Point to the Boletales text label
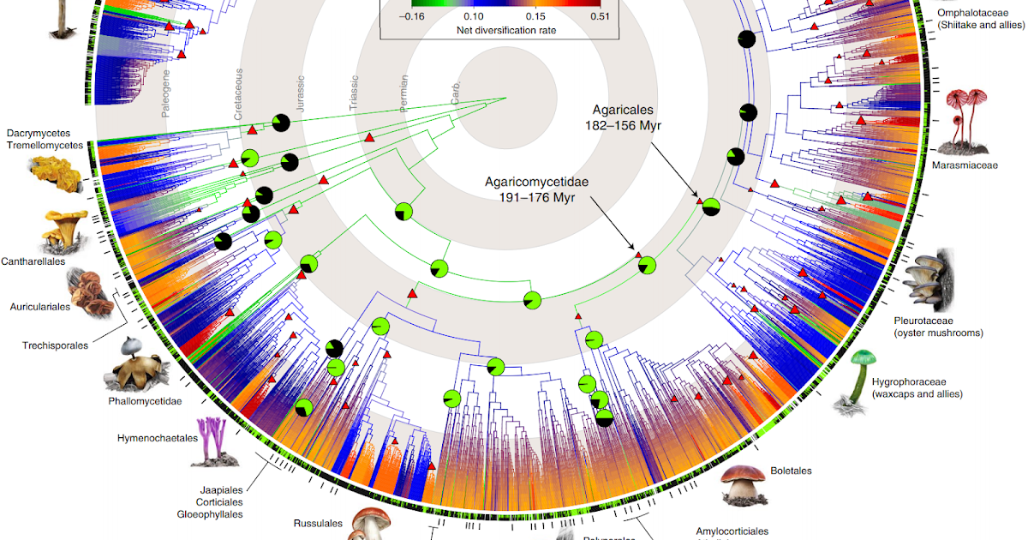tap(791, 471)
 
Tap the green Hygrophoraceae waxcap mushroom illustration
tap(858, 375)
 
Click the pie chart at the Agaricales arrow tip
tap(711, 207)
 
